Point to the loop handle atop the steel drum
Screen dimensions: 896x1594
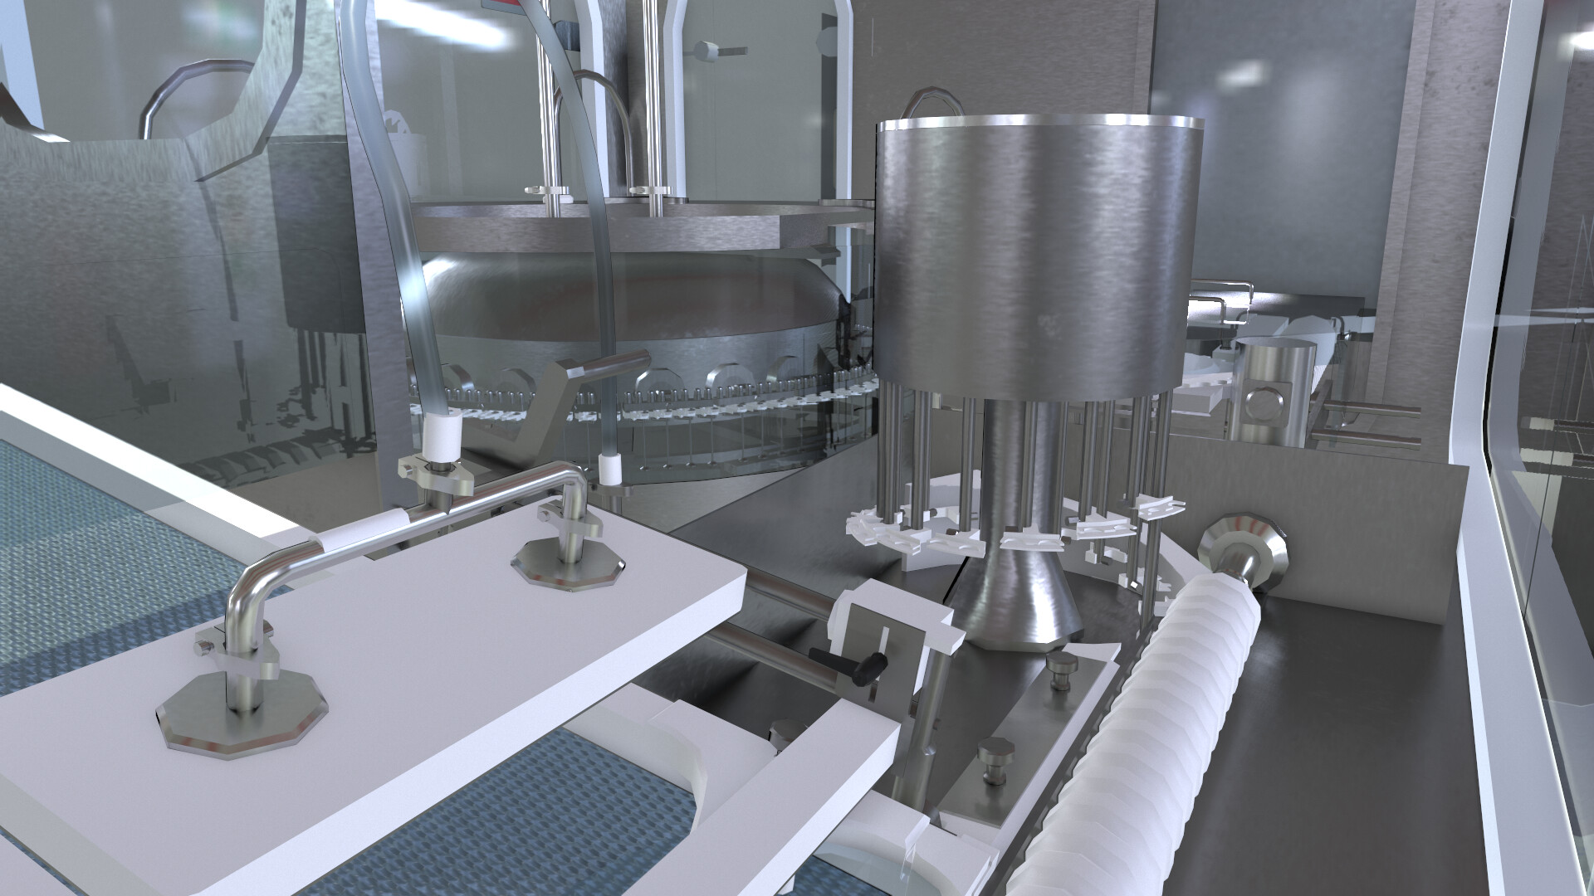point(934,104)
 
